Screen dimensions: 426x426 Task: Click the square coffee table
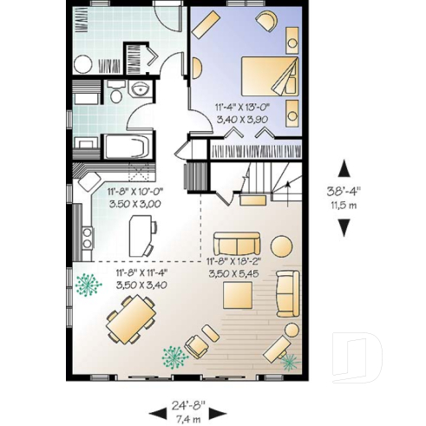239,296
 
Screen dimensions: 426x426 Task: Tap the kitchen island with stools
141,233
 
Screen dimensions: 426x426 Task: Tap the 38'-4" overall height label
346,192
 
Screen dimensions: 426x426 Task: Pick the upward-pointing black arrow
345,168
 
